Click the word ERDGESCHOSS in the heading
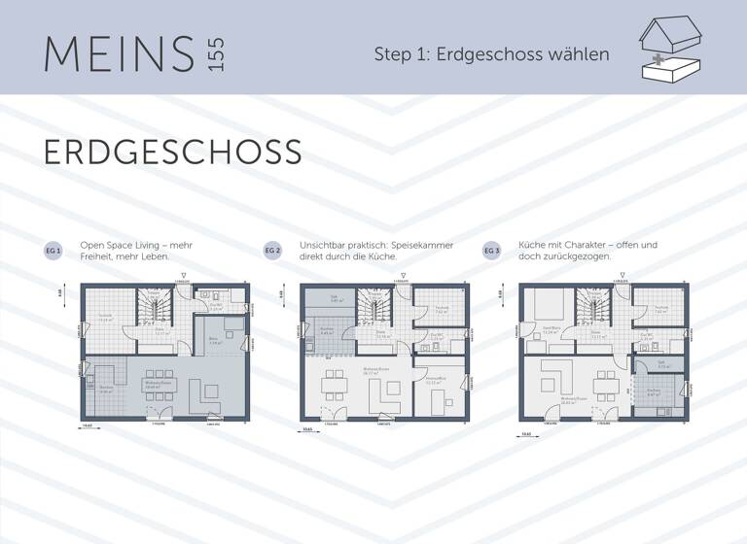click(172, 153)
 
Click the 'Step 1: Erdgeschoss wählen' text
click(491, 54)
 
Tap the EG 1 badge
click(53, 251)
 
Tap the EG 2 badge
click(273, 251)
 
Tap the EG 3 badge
click(492, 251)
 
